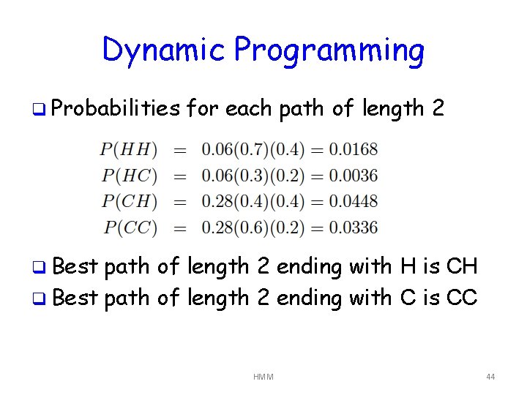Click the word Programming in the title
point(329,51)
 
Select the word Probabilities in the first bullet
point(116,110)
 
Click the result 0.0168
point(353,150)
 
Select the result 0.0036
point(353,176)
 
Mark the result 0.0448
point(353,201)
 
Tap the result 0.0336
point(353,227)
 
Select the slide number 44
point(490,377)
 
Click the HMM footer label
point(263,377)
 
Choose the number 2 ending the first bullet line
point(437,109)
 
